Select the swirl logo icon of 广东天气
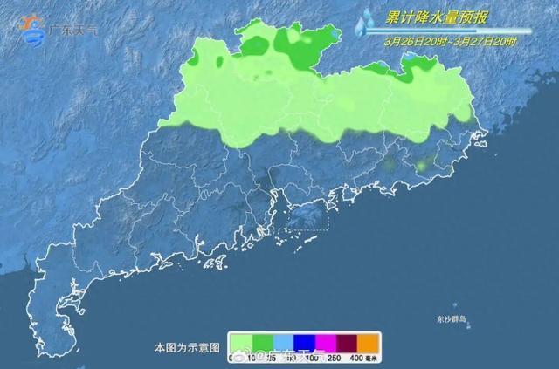33,28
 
